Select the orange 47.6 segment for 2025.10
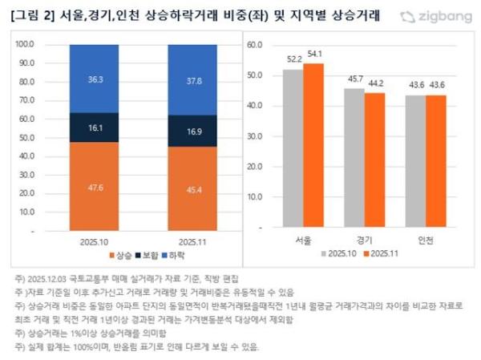point(95,187)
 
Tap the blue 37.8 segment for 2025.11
point(192,79)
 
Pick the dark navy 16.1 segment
point(95,127)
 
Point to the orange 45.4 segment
point(192,189)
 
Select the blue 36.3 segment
point(95,79)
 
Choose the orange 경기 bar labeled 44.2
point(374,161)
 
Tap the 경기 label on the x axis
point(364,239)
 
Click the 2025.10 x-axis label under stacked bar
point(95,239)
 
